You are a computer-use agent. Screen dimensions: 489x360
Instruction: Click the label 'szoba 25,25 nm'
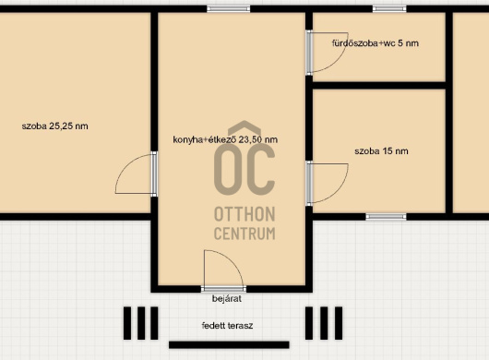tap(54, 126)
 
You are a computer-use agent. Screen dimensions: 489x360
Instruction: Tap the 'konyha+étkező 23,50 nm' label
tap(225, 139)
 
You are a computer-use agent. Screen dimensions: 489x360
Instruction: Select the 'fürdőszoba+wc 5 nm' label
tap(376, 43)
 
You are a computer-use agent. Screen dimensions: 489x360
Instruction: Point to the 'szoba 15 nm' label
tap(381, 151)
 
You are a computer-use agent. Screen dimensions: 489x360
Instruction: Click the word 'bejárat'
tap(227, 298)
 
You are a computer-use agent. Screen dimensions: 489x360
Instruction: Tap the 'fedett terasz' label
tap(227, 326)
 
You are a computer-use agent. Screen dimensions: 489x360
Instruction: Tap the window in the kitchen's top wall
tap(228, 8)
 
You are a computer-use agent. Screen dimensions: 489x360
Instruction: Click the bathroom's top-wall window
tap(389, 8)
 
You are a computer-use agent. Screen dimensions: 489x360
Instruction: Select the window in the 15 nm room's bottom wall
tap(386, 217)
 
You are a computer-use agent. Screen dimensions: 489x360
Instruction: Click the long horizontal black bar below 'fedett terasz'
tap(229, 344)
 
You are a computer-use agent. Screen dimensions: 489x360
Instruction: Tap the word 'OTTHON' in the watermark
tap(244, 214)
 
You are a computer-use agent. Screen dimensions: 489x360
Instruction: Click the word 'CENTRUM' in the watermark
tap(244, 234)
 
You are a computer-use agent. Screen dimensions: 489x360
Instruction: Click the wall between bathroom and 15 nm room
tap(379, 86)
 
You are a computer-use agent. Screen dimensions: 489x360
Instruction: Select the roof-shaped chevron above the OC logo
tap(244, 126)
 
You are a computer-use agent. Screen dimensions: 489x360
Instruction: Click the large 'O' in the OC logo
tap(228, 171)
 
